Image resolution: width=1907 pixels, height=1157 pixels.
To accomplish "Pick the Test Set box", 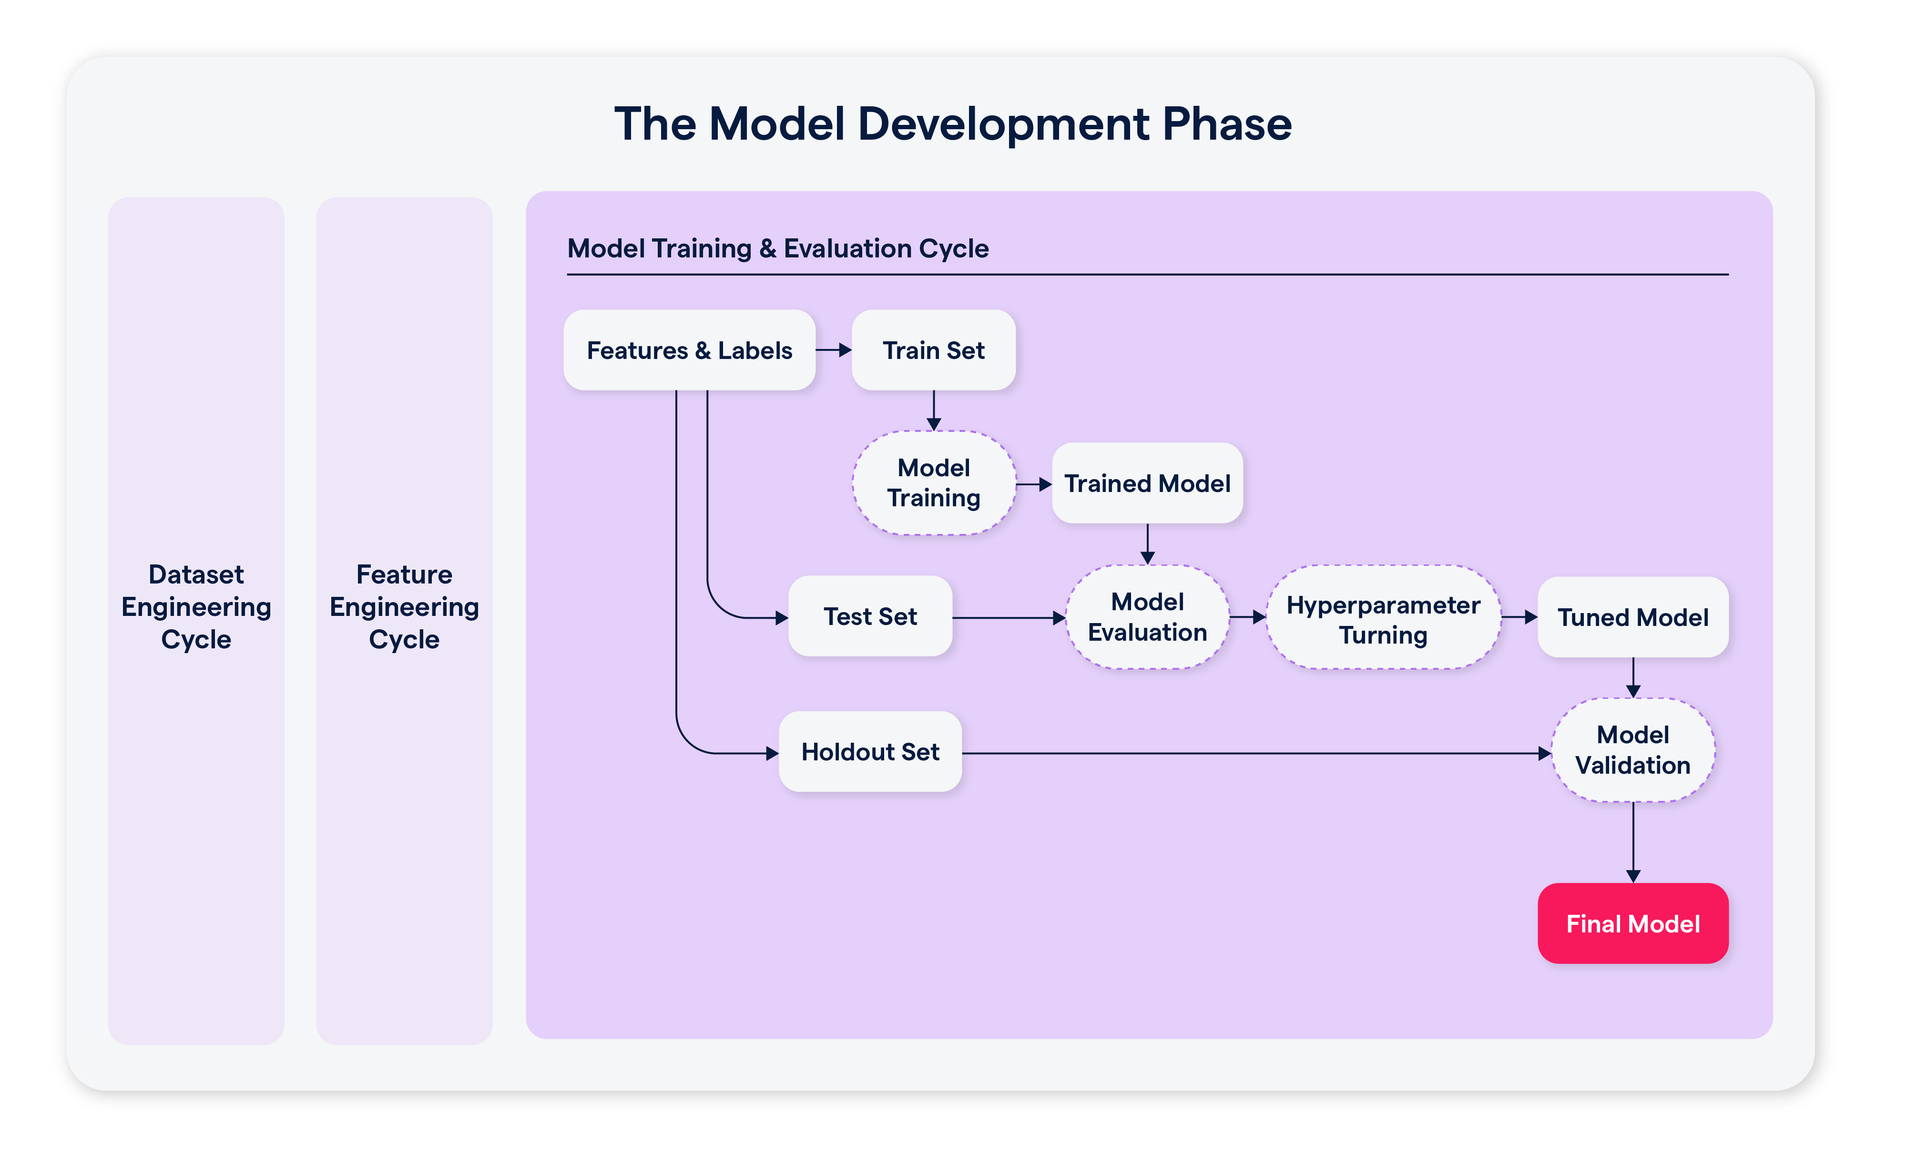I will (x=870, y=617).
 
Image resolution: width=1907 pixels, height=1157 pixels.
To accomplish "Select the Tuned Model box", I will (x=1632, y=617).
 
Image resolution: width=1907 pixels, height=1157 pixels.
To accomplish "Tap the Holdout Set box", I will (x=870, y=751).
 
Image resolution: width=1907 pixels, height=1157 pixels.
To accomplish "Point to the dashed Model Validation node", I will (x=1632, y=750).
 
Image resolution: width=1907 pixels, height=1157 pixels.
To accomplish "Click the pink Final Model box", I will (x=1632, y=923).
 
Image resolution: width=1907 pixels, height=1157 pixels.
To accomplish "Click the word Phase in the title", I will (x=1227, y=124).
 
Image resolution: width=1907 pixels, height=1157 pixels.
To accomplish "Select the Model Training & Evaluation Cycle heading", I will (x=778, y=248).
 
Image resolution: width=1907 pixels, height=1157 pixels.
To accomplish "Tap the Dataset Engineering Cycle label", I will (x=196, y=607).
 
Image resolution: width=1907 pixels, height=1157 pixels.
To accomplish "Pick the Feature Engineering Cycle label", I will (x=404, y=607).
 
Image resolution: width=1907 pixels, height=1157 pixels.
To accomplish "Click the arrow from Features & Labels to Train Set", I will (x=834, y=350).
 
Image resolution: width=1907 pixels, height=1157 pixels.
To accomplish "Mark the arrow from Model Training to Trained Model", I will (x=1033, y=484).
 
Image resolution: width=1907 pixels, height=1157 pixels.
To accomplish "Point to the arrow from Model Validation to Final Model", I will (x=1633, y=842).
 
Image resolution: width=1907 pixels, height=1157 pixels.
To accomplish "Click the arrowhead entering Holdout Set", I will (x=772, y=753).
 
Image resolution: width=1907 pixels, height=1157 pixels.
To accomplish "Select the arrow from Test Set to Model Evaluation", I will (x=1009, y=617).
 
